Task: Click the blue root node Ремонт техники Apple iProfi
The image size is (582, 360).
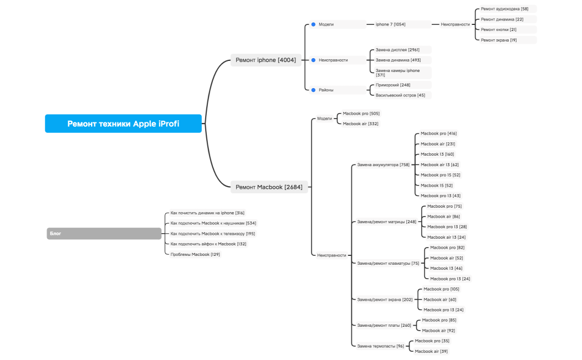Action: point(123,124)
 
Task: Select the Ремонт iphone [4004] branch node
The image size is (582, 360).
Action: point(266,60)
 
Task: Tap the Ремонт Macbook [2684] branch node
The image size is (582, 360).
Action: point(269,187)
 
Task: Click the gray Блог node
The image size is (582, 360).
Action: point(104,234)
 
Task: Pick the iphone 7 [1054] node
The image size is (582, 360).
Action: point(390,24)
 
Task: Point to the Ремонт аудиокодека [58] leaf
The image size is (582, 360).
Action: point(504,9)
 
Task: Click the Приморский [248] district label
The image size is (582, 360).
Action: point(393,85)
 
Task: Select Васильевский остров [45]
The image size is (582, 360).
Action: point(400,95)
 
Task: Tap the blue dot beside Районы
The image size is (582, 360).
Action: point(313,90)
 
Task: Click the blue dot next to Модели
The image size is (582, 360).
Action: point(313,24)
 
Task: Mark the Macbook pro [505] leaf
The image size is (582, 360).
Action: point(361,113)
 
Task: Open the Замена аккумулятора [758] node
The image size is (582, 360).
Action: point(383,164)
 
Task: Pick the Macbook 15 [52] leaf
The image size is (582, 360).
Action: point(436,186)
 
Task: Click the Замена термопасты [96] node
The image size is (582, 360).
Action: point(380,346)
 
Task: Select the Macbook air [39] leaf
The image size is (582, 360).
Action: point(431,351)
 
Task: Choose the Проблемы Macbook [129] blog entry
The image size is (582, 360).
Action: point(195,254)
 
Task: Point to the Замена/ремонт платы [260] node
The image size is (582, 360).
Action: point(384,325)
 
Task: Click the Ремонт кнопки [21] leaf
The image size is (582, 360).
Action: point(498,29)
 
